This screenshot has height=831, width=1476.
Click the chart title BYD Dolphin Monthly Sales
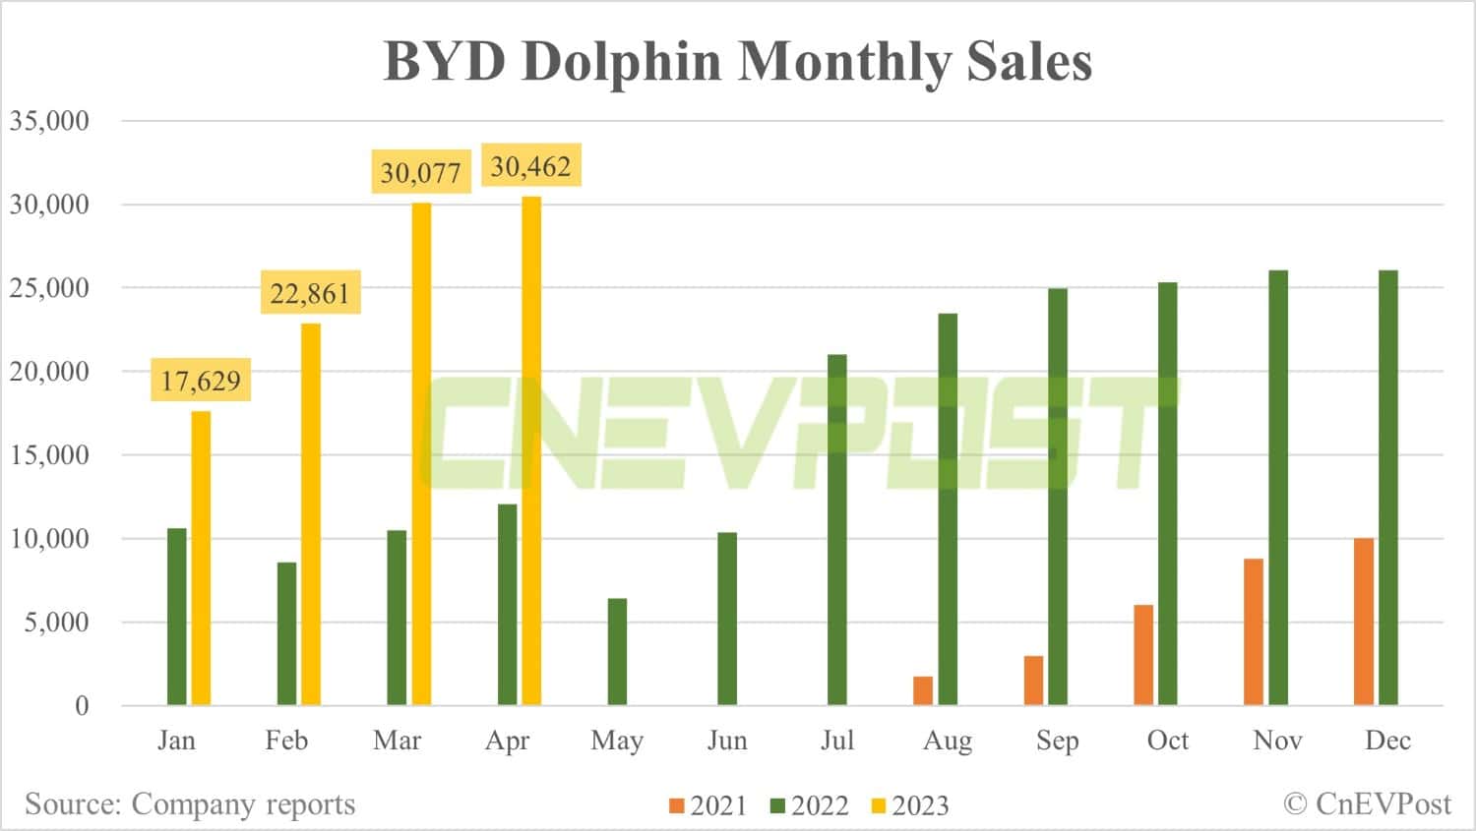click(x=737, y=61)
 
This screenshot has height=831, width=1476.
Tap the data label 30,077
click(x=420, y=172)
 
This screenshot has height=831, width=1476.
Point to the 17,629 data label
click(x=201, y=380)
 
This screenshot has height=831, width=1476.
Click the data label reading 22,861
click(x=310, y=293)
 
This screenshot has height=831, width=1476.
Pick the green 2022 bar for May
click(x=617, y=651)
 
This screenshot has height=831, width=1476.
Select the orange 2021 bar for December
click(x=1364, y=622)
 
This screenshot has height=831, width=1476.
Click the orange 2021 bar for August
click(x=923, y=690)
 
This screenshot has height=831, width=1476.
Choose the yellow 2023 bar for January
click(x=201, y=558)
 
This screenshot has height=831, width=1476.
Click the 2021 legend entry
click(x=708, y=806)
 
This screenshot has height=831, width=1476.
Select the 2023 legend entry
click(x=910, y=806)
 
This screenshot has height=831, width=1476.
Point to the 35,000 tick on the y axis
click(x=49, y=121)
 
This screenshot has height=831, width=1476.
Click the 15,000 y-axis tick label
click(x=49, y=455)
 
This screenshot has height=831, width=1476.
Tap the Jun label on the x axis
click(x=727, y=741)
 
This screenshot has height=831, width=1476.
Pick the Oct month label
click(x=1168, y=741)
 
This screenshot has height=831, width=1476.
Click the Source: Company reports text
click(x=190, y=804)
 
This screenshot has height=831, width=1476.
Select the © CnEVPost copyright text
click(x=1367, y=804)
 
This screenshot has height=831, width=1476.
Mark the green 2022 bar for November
click(x=1278, y=488)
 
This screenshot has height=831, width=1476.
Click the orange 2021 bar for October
click(x=1143, y=655)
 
